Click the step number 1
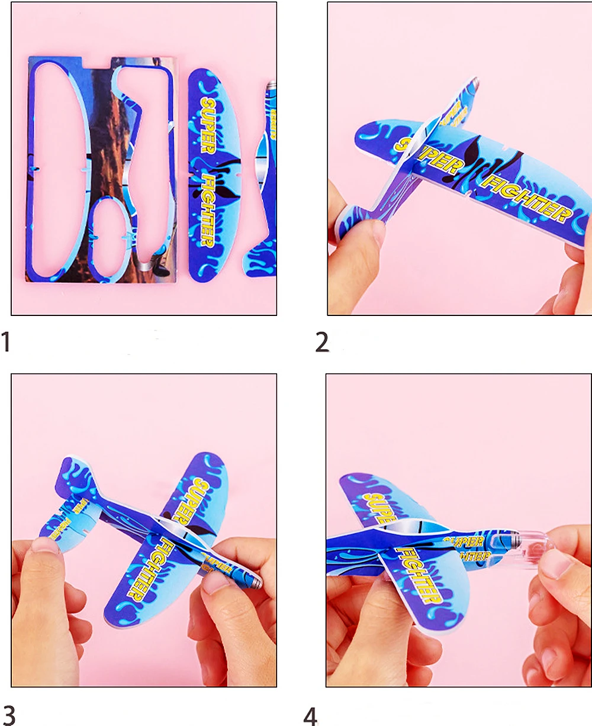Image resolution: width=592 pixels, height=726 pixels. click(6, 342)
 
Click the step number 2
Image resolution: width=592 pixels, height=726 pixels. click(322, 343)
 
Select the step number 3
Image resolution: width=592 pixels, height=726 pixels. click(8, 714)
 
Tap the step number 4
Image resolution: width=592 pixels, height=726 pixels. click(310, 715)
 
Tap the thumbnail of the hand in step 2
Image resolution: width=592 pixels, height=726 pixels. click(364, 232)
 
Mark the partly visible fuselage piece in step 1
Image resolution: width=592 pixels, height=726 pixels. click(265, 178)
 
